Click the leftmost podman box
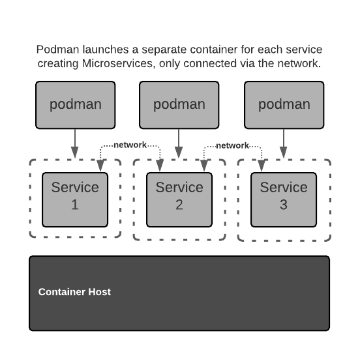coord(76,105)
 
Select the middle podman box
coord(179,105)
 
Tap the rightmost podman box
coord(284,105)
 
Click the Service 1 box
coord(75,199)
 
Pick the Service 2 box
coord(179,199)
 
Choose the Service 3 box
coord(284,199)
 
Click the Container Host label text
coord(74,292)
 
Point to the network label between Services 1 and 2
coord(130,145)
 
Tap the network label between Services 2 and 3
coord(232,145)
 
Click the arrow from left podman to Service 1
coord(74,143)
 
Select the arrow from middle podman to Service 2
coord(179,143)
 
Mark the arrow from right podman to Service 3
coord(284,143)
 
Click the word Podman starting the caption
coord(58,50)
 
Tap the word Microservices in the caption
coord(117,64)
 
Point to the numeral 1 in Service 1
coord(75,205)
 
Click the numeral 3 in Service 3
coord(284,205)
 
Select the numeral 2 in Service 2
coord(179,205)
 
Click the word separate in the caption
coord(164,50)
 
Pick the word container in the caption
coord(214,50)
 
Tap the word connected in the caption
coord(210,64)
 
